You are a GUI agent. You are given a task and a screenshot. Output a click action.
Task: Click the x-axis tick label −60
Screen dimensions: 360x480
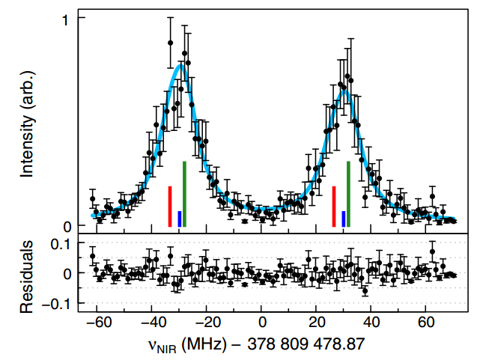(x=96, y=324)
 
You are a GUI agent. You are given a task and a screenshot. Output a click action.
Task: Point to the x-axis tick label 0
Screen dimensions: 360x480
(x=262, y=324)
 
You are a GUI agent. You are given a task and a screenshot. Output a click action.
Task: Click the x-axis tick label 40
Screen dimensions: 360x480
(x=371, y=324)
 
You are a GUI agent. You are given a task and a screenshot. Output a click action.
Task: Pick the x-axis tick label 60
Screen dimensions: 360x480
(x=425, y=324)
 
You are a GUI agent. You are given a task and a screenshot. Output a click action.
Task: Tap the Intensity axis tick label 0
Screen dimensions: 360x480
(x=67, y=225)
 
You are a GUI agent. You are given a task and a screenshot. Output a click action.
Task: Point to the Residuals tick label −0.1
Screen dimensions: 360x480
(x=58, y=303)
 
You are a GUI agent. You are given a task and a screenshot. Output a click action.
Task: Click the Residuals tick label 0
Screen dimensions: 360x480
(x=67, y=273)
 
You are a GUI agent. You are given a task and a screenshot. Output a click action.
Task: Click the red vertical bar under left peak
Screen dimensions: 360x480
(x=170, y=207)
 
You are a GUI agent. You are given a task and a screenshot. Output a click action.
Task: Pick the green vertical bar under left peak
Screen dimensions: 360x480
(x=184, y=194)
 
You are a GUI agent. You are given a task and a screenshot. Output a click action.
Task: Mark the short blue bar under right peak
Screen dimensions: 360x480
(x=343, y=219)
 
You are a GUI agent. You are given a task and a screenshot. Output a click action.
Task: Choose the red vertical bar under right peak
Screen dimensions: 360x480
(x=333, y=207)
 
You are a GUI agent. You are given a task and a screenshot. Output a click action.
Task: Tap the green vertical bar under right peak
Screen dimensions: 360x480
(x=348, y=194)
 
